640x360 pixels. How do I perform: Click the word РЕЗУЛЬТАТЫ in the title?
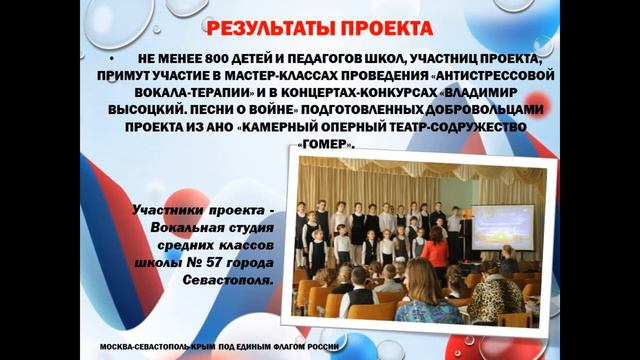click(270, 27)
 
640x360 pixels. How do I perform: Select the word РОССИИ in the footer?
click(322, 345)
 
